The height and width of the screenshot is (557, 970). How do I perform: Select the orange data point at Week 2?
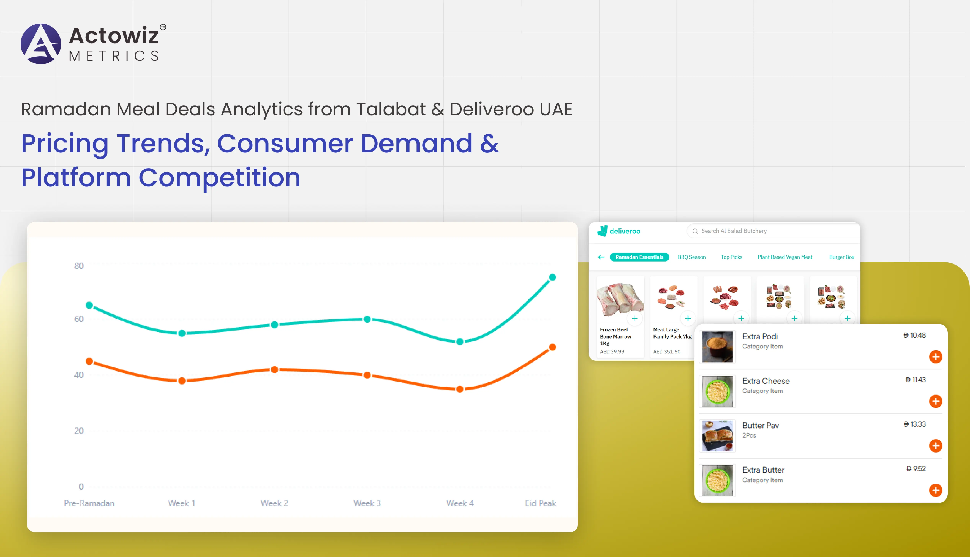pyautogui.click(x=274, y=369)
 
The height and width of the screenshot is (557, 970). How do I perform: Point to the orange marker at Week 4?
pyautogui.click(x=460, y=389)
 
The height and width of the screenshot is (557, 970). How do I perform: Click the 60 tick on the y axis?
pyautogui.click(x=79, y=319)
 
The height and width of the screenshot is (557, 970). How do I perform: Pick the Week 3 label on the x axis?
pyautogui.click(x=367, y=503)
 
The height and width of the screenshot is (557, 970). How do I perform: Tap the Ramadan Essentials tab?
pyautogui.click(x=639, y=257)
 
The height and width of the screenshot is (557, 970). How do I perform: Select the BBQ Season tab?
pyautogui.click(x=692, y=257)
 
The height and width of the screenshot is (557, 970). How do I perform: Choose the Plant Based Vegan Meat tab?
pyautogui.click(x=785, y=257)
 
